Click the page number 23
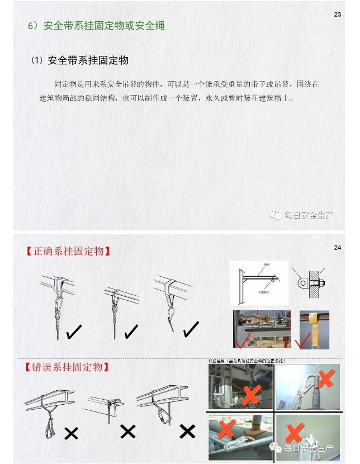(337, 15)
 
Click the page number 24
(337, 248)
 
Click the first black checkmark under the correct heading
(74, 332)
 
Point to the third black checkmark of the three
(191, 330)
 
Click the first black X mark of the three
(71, 433)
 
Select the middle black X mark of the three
(128, 431)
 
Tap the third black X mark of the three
(187, 431)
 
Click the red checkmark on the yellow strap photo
(305, 340)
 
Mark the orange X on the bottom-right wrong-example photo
(295, 433)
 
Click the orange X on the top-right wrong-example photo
(324, 379)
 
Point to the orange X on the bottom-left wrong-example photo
(225, 430)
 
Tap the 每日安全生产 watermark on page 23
(301, 215)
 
